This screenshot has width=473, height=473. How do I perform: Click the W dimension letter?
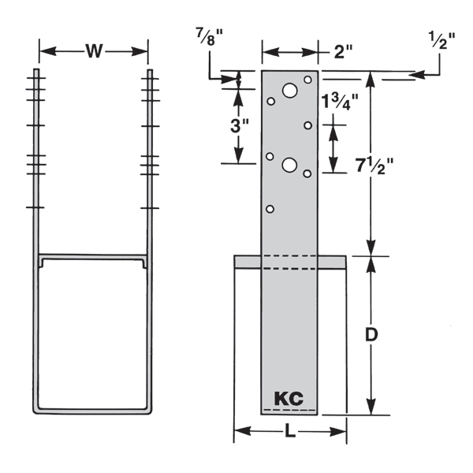pyautogui.click(x=94, y=52)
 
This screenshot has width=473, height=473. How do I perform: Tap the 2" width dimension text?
pyautogui.click(x=343, y=53)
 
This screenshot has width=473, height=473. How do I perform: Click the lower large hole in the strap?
pyautogui.click(x=289, y=165)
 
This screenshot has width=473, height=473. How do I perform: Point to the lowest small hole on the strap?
pyautogui.click(x=270, y=209)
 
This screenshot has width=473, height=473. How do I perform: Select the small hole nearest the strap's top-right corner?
pyautogui.click(x=307, y=81)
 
